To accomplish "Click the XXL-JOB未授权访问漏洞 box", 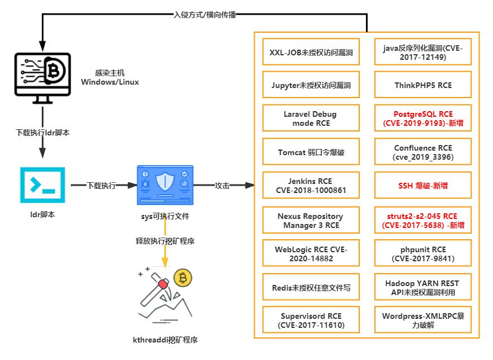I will click(x=311, y=52).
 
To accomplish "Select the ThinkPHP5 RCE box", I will click(x=423, y=86).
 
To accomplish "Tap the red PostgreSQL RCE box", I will click(x=423, y=118).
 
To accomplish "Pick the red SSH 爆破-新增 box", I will click(x=423, y=185).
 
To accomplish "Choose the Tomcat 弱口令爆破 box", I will click(x=311, y=152).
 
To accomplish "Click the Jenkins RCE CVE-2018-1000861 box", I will click(x=311, y=186).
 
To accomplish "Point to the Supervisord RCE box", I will click(x=311, y=321).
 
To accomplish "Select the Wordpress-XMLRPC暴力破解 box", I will click(x=423, y=321).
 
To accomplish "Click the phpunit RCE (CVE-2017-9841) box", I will click(x=423, y=254).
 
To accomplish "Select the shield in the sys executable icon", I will click(x=165, y=182).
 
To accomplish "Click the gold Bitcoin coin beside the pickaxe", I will click(x=182, y=278).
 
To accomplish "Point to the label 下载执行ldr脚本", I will click(x=42, y=133).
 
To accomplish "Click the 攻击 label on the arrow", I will click(x=222, y=185).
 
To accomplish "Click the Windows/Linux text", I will click(x=110, y=82).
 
